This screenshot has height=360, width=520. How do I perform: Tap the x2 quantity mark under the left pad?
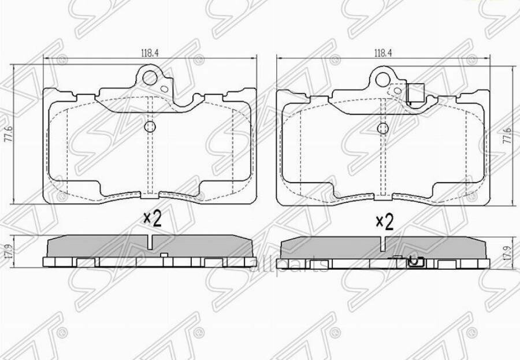click(152, 218)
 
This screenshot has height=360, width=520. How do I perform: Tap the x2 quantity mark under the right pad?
click(384, 221)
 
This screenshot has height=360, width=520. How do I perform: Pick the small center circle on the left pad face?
click(150, 127)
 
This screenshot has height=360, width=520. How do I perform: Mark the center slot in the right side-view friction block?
click(382, 243)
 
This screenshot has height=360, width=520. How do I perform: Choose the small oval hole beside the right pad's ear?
click(398, 90)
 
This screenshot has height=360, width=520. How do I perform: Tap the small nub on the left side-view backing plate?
click(164, 255)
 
